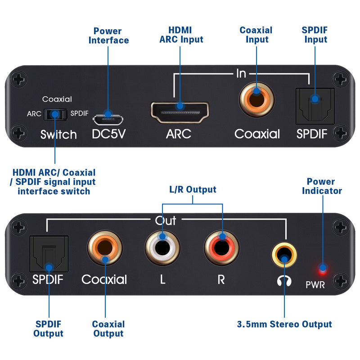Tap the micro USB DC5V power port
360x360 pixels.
(108, 119)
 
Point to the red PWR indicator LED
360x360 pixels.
(322, 270)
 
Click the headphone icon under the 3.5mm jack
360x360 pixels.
(284, 280)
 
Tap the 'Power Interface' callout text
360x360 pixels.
(108, 36)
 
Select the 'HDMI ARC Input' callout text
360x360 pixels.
(181, 35)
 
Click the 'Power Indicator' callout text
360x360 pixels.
(321, 186)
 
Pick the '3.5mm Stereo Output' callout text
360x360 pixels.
(284, 324)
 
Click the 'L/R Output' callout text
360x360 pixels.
(193, 189)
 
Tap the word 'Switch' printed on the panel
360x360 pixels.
(58, 134)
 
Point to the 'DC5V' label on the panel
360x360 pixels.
(108, 134)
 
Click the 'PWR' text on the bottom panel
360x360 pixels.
(321, 284)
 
